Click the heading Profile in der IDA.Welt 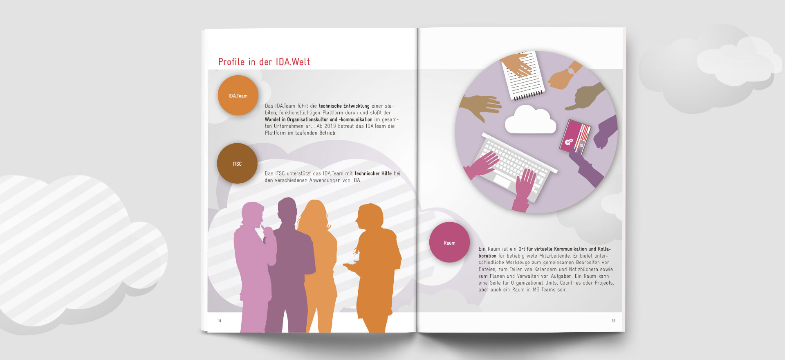264,62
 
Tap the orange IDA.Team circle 238,95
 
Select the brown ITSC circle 237,163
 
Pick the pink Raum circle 449,242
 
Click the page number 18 219,321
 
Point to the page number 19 613,321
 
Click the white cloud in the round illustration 531,120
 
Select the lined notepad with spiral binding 524,76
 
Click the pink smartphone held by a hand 575,136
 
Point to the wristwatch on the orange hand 571,70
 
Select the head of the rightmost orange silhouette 370,217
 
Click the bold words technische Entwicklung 344,106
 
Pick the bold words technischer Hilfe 373,173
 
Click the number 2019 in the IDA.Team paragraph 330,126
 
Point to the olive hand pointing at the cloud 585,97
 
